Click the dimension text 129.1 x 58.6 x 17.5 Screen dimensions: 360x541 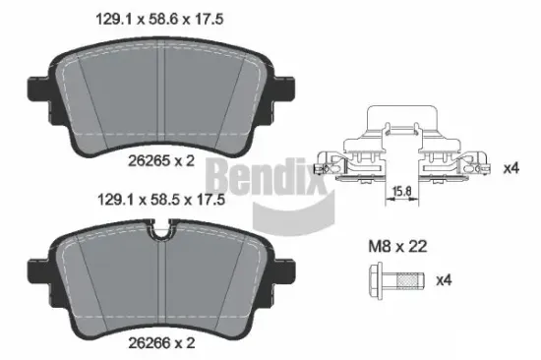click(167, 18)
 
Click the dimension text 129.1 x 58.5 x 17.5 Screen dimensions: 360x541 click(167, 199)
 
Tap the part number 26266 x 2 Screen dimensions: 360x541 click(167, 342)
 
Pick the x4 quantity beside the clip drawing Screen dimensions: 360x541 click(511, 168)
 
